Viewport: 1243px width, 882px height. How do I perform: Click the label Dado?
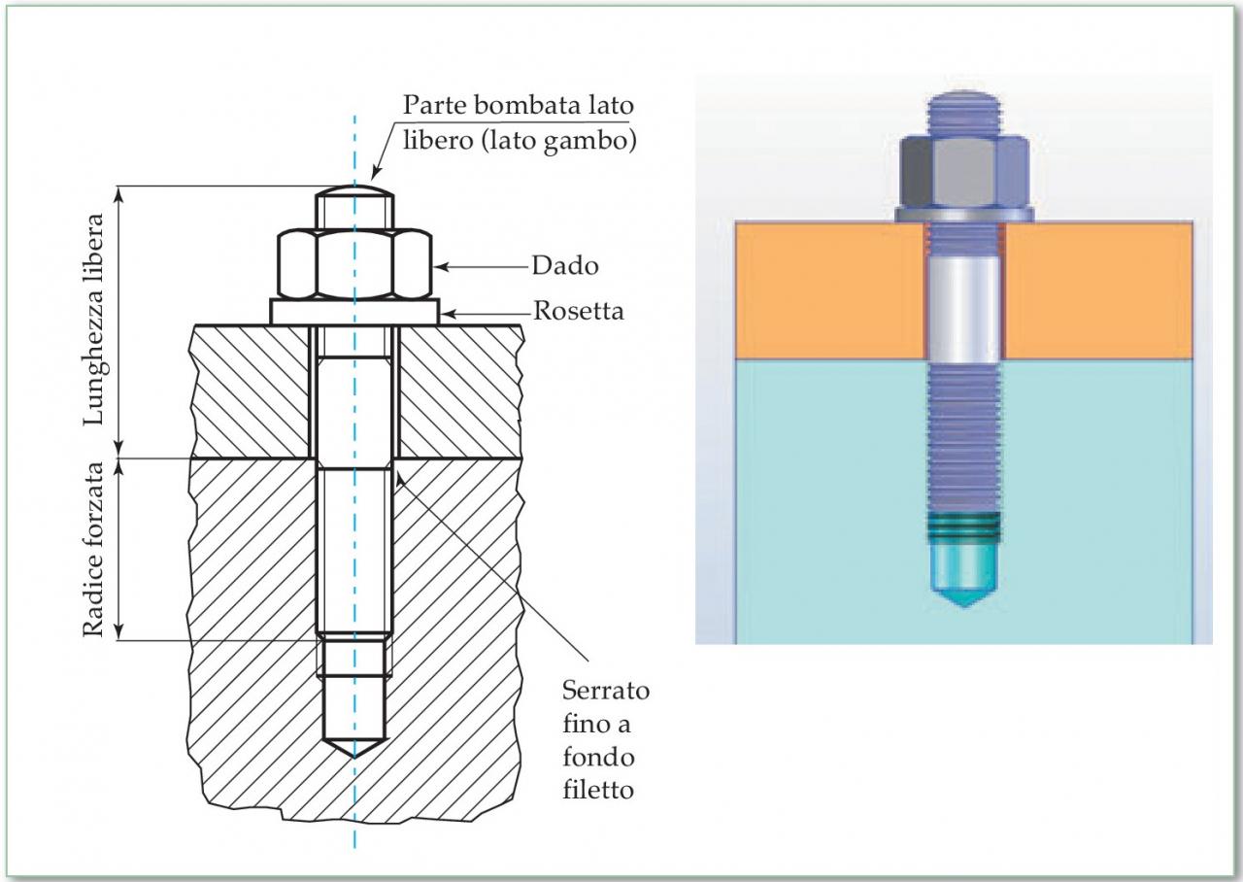(x=564, y=264)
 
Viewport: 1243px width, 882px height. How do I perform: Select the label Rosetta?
(x=578, y=312)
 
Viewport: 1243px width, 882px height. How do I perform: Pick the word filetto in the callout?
(x=597, y=790)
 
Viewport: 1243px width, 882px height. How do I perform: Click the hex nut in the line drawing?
(x=354, y=263)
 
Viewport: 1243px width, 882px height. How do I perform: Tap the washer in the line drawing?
(x=354, y=311)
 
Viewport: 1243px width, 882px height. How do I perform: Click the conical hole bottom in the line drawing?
(x=354, y=748)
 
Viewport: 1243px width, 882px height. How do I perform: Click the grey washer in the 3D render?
(x=964, y=214)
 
